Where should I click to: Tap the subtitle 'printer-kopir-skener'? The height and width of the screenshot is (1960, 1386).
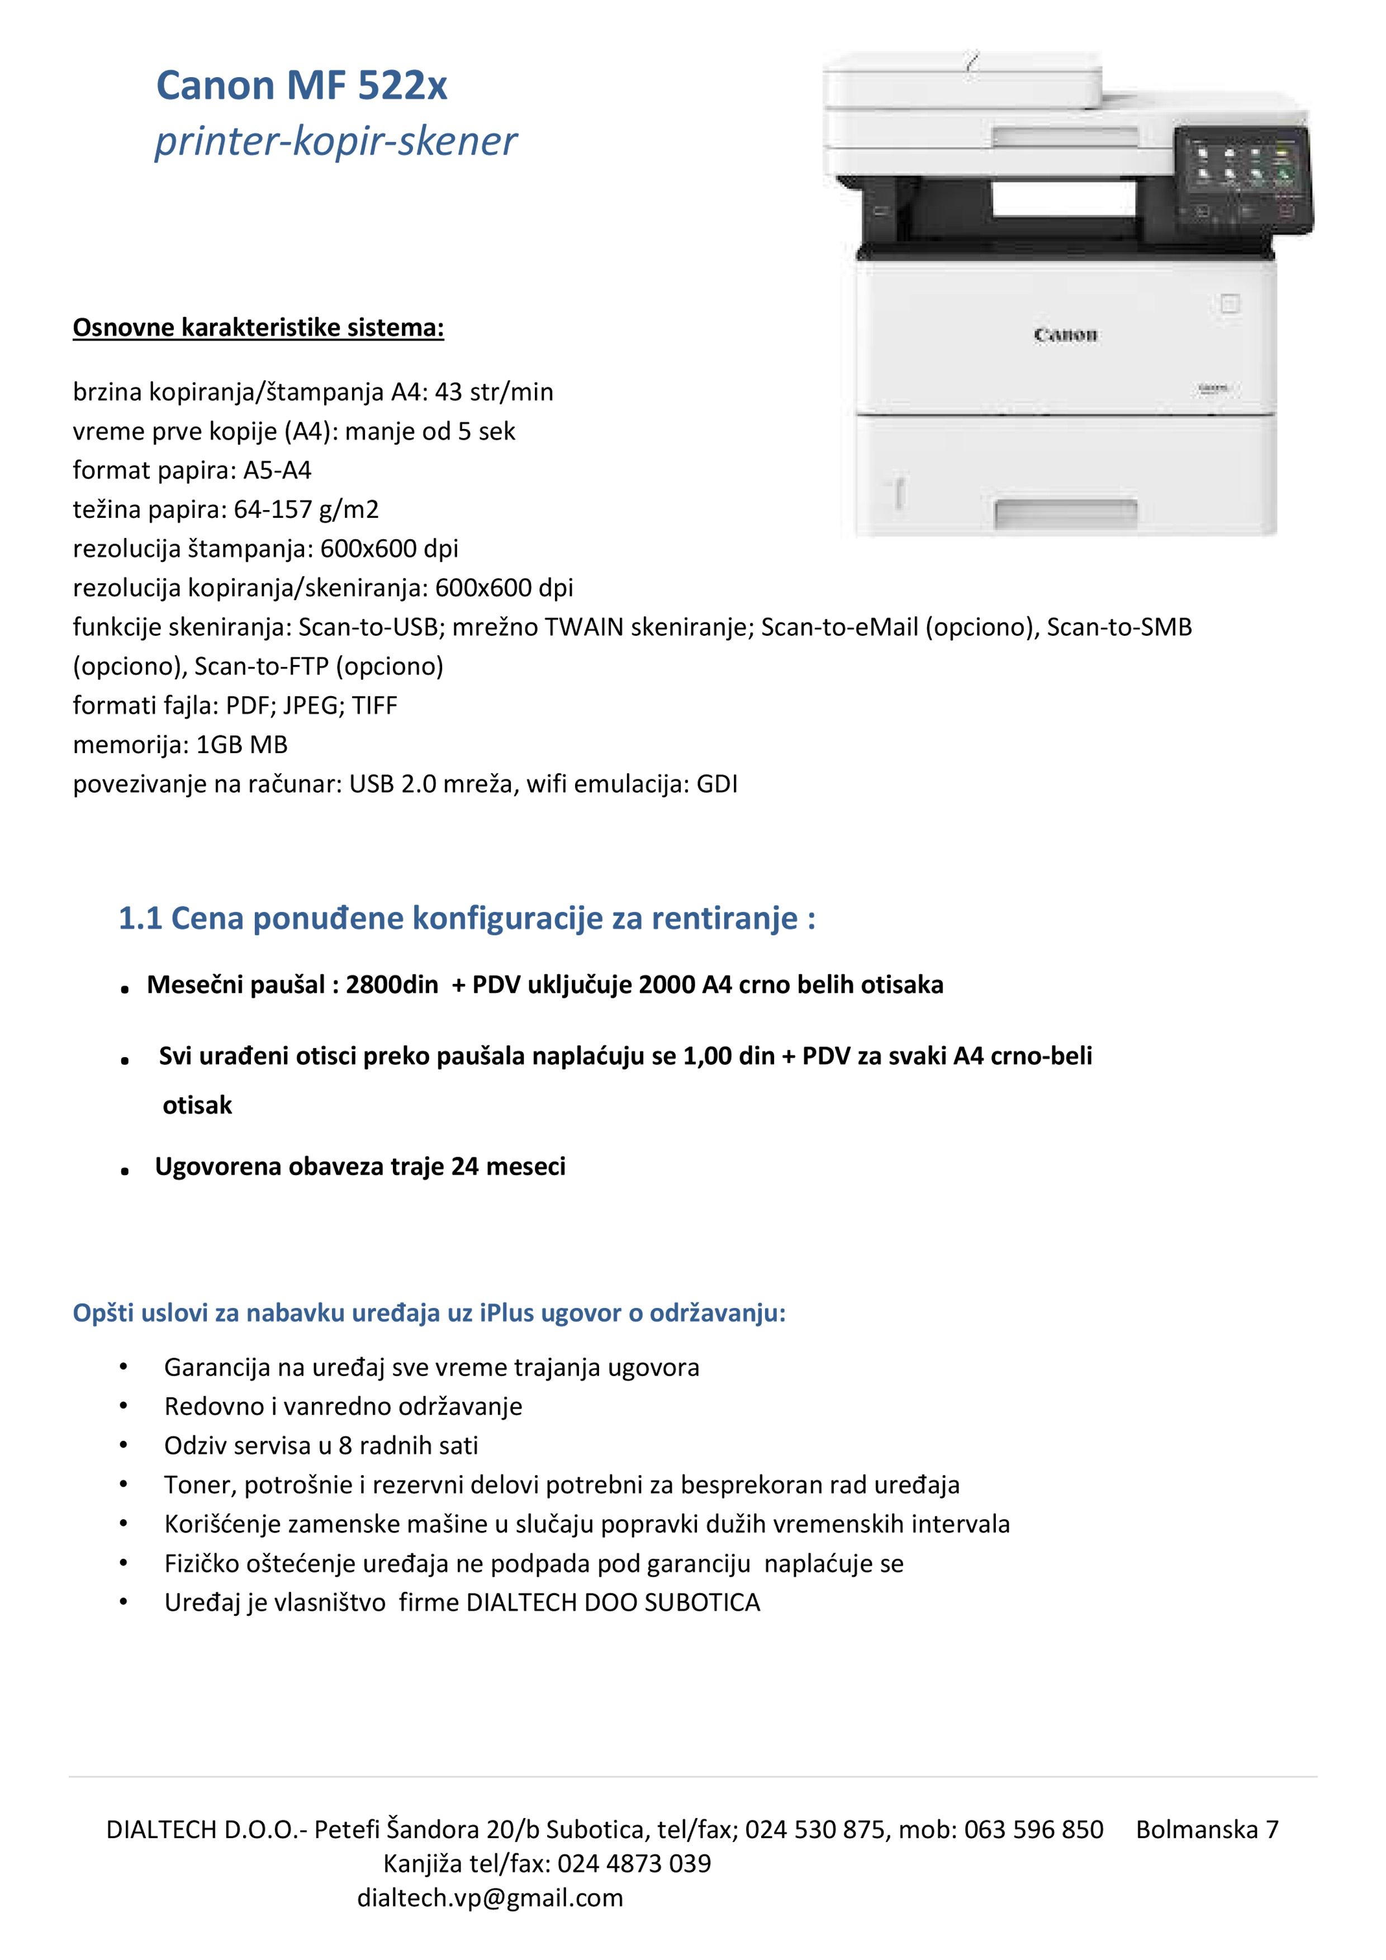pos(336,141)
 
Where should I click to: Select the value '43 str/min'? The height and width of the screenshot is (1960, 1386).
pos(495,392)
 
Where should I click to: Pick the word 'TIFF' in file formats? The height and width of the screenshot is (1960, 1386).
pos(375,706)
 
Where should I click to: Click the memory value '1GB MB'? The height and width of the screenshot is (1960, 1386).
pos(241,745)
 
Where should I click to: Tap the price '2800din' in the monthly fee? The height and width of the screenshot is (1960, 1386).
pos(392,985)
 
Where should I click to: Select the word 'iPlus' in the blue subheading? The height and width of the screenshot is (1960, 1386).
pos(507,1313)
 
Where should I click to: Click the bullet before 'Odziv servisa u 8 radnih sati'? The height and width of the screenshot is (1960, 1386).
pos(124,1445)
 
